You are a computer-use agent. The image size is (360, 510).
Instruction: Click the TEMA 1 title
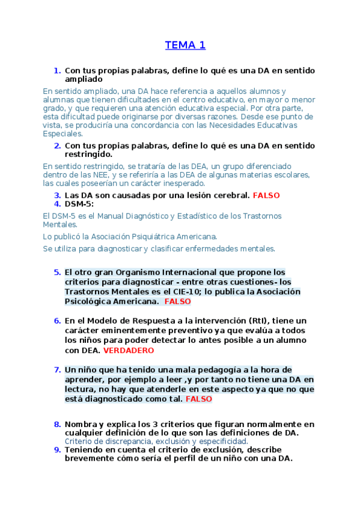click(x=185, y=45)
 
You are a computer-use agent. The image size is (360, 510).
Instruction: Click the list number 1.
click(x=57, y=70)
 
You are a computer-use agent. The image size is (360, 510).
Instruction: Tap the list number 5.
click(x=57, y=272)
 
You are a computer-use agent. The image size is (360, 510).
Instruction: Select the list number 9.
click(x=57, y=449)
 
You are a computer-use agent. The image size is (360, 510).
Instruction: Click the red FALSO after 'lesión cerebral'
click(x=266, y=195)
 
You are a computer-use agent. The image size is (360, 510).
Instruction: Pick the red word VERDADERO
click(x=129, y=350)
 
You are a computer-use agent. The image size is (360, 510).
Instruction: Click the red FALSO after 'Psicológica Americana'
click(x=177, y=301)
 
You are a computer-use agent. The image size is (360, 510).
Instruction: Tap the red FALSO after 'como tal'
click(x=199, y=399)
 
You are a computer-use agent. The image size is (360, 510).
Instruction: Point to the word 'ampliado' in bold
click(x=84, y=79)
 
